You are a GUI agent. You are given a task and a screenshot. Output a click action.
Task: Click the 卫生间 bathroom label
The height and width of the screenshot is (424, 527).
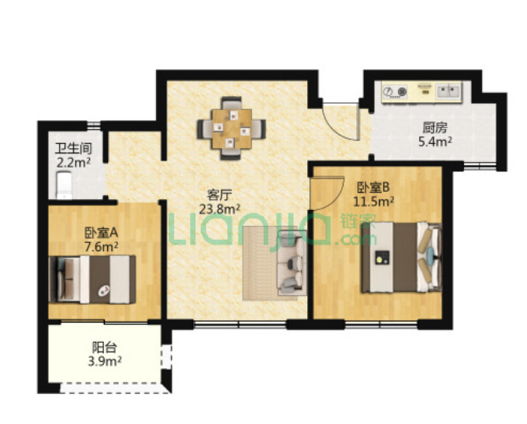(73, 149)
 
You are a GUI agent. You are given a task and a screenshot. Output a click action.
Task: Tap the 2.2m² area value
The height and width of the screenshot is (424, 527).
(73, 163)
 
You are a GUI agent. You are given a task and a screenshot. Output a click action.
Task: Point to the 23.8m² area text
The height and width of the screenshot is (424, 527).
(220, 209)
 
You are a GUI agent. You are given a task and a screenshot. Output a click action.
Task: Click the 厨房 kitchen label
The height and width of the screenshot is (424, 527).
(435, 127)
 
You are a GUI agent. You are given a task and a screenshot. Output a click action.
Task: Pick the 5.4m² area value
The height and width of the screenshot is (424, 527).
(435, 142)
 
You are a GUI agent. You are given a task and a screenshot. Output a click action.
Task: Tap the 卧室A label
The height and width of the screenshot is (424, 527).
(101, 232)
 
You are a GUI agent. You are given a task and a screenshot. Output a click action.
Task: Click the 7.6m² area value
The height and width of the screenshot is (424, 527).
(101, 247)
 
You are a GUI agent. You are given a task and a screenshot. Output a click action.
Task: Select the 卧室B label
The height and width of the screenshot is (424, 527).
(373, 187)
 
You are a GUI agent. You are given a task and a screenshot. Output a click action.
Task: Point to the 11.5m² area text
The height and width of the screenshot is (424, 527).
(373, 201)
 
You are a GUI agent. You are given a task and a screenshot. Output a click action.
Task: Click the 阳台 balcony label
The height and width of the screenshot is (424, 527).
(105, 347)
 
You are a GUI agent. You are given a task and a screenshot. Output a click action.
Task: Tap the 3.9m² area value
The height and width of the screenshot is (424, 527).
(105, 362)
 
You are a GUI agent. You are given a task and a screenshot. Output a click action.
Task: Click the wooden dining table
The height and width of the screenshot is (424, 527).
(232, 129)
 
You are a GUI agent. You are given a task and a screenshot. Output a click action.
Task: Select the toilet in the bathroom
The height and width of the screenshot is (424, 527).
(64, 186)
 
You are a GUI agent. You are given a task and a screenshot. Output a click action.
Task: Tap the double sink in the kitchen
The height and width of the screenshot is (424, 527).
(449, 90)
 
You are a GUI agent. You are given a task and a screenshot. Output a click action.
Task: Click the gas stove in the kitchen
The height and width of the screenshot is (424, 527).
(395, 91)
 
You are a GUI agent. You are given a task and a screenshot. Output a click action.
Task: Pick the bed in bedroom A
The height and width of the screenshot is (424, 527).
(92, 279)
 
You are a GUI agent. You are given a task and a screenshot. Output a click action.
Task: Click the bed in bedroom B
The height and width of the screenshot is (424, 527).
(401, 256)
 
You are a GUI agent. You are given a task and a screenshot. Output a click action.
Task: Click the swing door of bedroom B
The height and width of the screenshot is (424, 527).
(327, 194)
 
